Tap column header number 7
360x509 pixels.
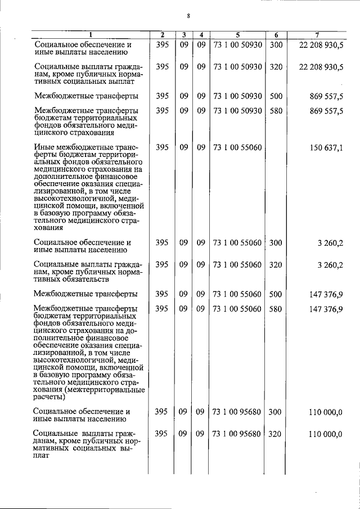tap(321, 35)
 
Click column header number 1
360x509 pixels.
tap(90, 35)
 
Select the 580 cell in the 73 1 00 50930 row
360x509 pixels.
tap(276, 111)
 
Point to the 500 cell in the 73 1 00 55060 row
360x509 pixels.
tap(276, 294)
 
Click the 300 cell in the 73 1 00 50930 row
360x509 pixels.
tap(276, 44)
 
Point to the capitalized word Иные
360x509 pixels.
tap(44, 148)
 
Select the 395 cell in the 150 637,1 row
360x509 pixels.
tap(162, 148)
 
